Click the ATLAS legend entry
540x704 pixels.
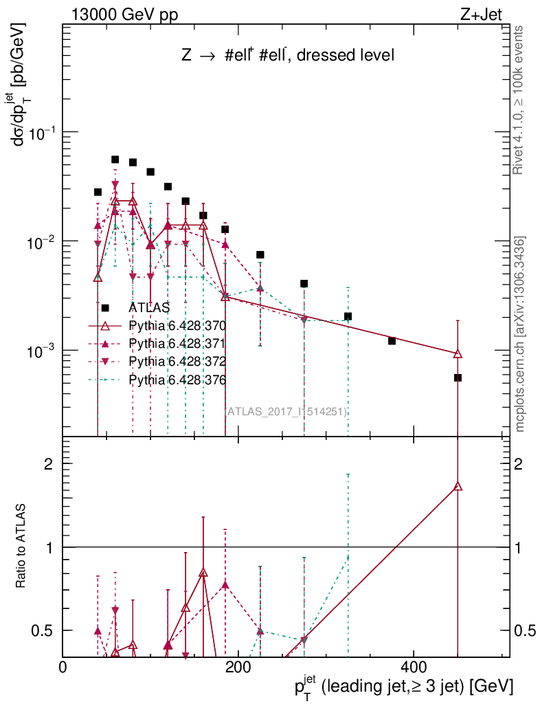click(x=148, y=308)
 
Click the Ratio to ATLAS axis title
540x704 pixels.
click(x=21, y=546)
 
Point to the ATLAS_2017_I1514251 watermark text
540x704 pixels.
click(x=286, y=411)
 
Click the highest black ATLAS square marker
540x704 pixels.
click(x=115, y=159)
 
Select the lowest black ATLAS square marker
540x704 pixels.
click(x=458, y=377)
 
